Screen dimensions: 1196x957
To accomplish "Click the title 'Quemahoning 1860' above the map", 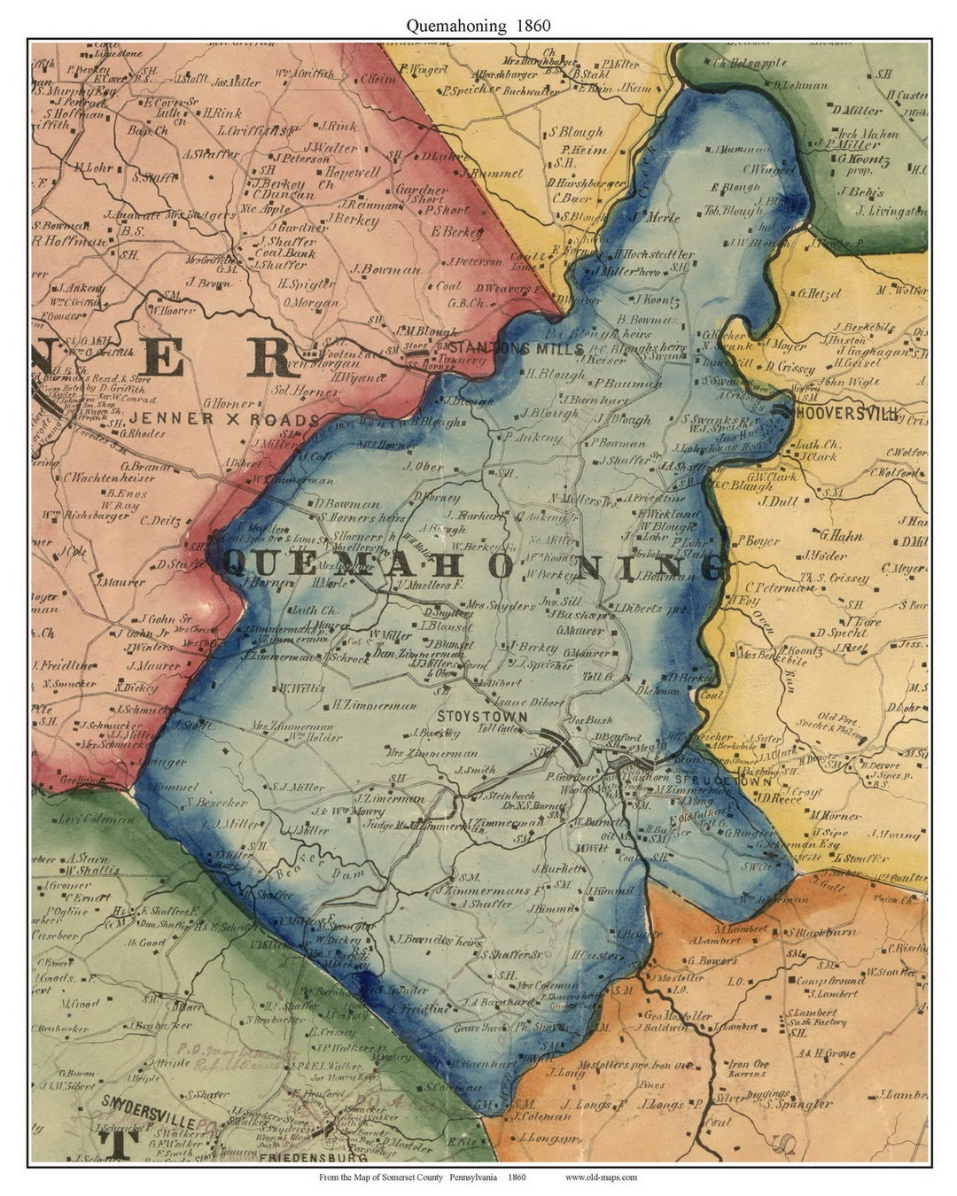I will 478,26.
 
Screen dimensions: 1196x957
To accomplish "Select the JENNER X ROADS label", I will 224,419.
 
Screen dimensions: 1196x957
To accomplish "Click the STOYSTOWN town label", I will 482,716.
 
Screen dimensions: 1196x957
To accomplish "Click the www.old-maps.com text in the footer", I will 601,1177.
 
